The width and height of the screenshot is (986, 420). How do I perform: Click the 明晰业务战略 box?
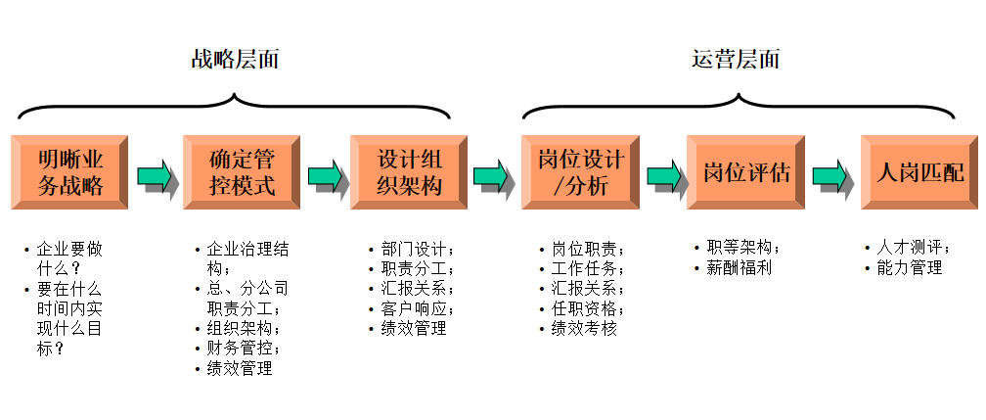[70, 172]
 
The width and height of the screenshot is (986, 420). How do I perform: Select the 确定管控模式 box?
[242, 172]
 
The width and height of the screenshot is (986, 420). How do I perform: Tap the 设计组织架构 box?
[410, 172]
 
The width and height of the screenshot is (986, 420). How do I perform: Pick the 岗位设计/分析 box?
[580, 172]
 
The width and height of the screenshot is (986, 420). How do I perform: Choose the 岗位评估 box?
[746, 173]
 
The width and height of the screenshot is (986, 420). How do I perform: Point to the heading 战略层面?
[235, 59]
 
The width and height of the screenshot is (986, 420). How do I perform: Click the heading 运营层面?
[736, 59]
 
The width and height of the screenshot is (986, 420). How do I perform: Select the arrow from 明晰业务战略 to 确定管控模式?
[155, 176]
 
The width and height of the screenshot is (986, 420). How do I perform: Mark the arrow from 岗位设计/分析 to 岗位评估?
[664, 176]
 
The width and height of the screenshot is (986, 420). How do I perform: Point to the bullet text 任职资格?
[587, 308]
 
